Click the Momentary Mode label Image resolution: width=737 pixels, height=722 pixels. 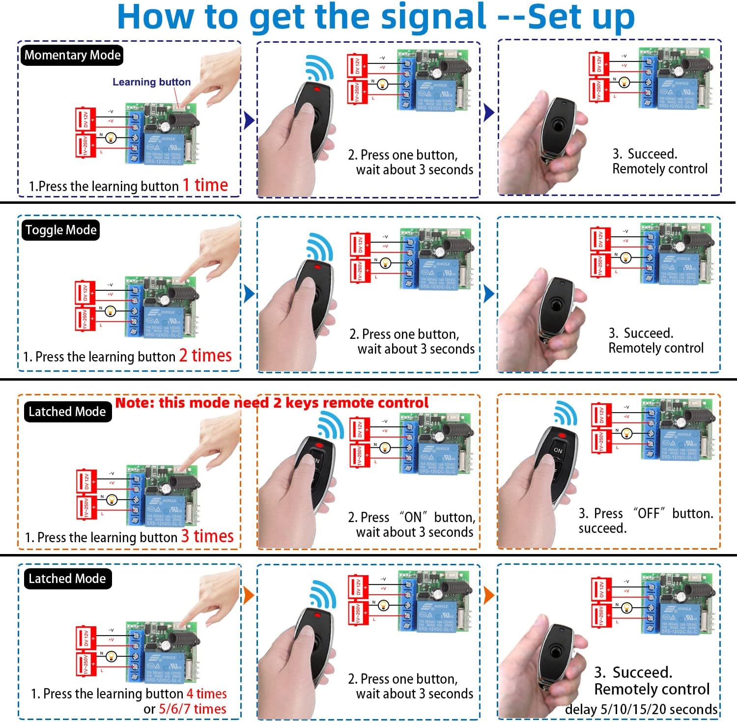pos(72,55)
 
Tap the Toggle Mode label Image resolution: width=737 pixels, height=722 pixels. pos(60,230)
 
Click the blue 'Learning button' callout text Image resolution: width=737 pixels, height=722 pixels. pos(151,82)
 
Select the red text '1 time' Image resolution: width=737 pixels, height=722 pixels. pos(205,185)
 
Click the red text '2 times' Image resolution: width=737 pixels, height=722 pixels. pos(205,355)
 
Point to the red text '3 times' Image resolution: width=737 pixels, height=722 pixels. pos(207,536)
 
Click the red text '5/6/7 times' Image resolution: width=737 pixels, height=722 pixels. pos(192,709)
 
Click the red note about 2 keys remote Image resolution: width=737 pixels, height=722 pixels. pos(272,403)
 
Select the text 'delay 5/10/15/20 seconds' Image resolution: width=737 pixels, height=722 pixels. pos(641,709)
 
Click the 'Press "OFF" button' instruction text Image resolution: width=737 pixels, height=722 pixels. pos(645,514)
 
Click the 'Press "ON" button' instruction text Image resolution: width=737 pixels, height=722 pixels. pos(411,517)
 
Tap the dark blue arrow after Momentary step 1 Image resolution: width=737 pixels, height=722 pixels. pos(249,119)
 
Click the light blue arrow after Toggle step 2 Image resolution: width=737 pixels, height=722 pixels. pos(488,294)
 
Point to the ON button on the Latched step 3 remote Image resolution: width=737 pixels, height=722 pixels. pos(558,450)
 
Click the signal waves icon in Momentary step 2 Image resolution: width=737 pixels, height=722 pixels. pos(319,68)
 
